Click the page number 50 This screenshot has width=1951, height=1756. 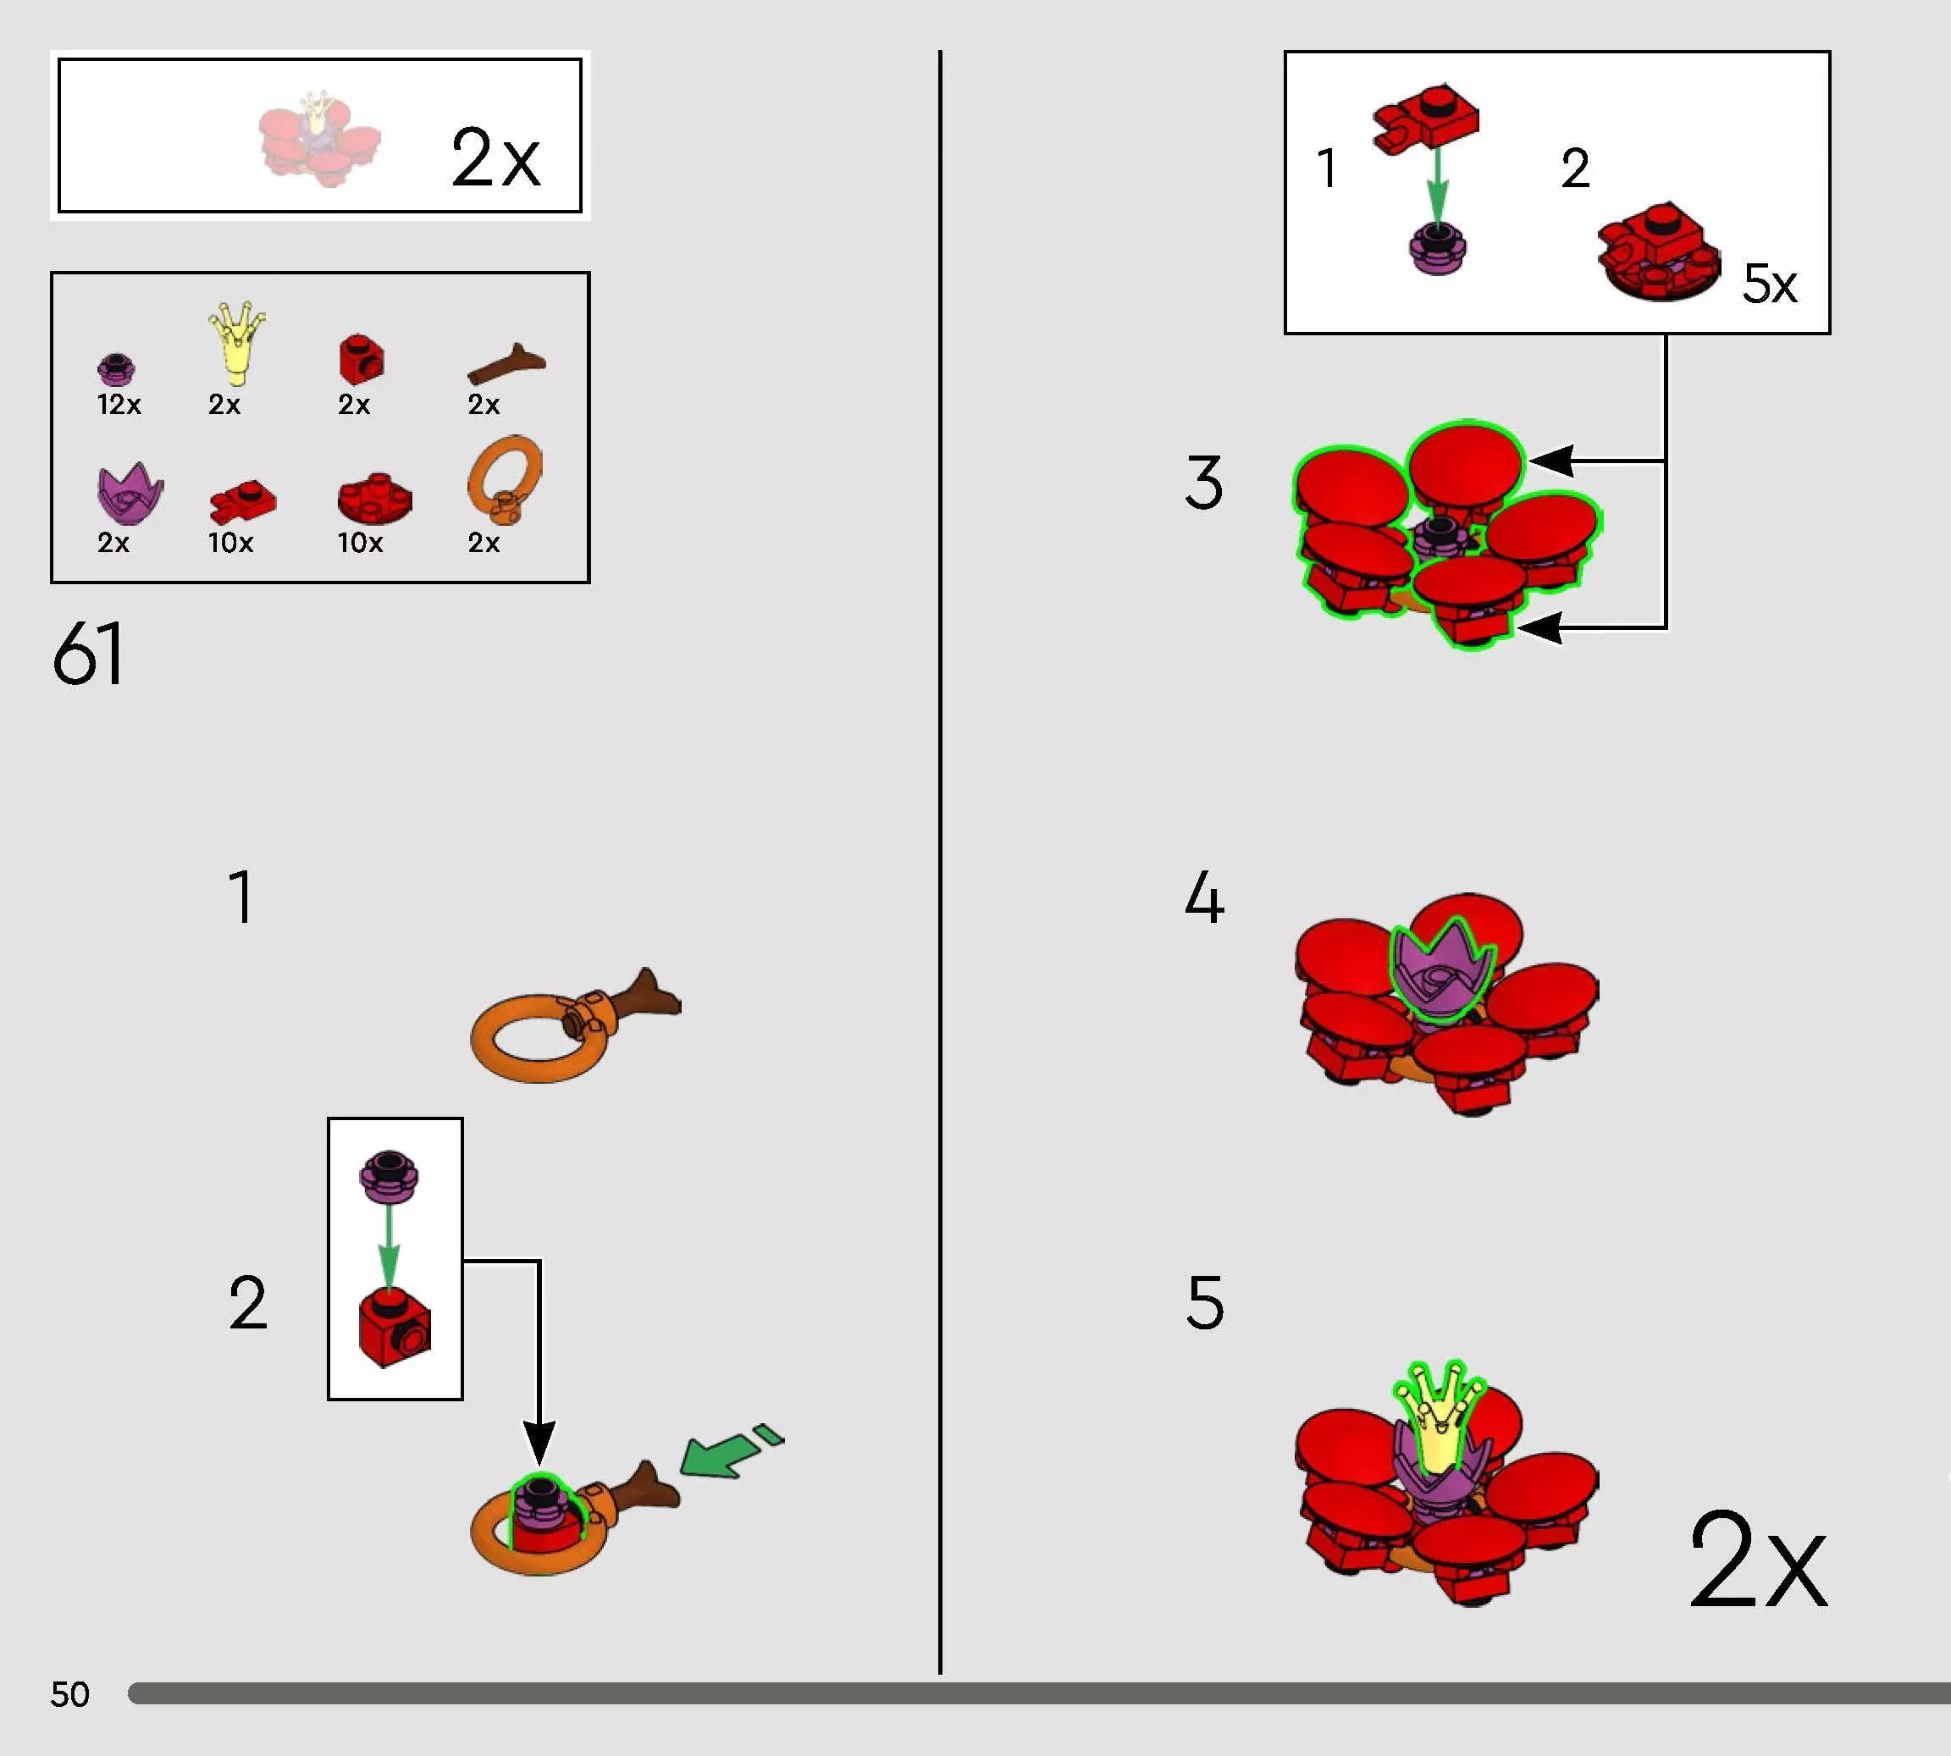pyautogui.click(x=69, y=1694)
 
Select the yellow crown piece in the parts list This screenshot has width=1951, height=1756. pyautogui.click(x=236, y=343)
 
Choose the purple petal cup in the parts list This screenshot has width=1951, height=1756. pyautogui.click(x=130, y=493)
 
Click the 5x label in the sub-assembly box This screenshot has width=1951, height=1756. pyautogui.click(x=1770, y=284)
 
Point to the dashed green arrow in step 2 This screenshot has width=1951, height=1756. pyautogui.click(x=732, y=1450)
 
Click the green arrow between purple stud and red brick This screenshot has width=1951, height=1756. pyautogui.click(x=388, y=1245)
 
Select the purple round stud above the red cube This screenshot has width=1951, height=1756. pyautogui.click(x=389, y=1176)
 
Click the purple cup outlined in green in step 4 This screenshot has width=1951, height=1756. pyautogui.click(x=1441, y=969)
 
